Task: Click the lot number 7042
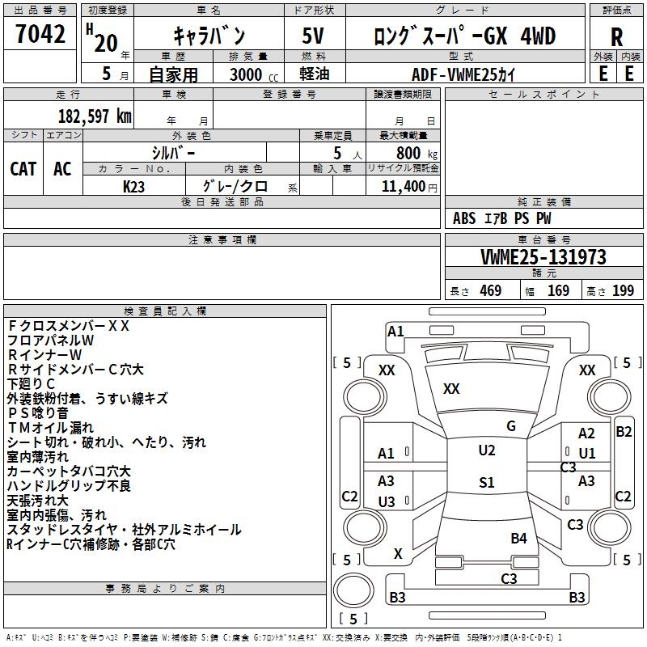coord(40,36)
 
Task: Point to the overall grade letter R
coord(616,37)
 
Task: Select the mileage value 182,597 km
coord(95,116)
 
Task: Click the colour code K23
coord(133,186)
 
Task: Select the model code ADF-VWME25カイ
coord(463,74)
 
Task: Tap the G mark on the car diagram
coord(511,426)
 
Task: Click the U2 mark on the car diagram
coord(486,450)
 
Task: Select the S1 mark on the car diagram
coord(486,483)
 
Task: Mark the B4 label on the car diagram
coord(518,538)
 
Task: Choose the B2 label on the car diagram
coord(624,432)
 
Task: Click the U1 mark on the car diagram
coord(587,454)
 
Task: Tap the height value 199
coord(623,290)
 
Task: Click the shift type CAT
coord(23,168)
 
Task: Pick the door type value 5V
coord(315,37)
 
